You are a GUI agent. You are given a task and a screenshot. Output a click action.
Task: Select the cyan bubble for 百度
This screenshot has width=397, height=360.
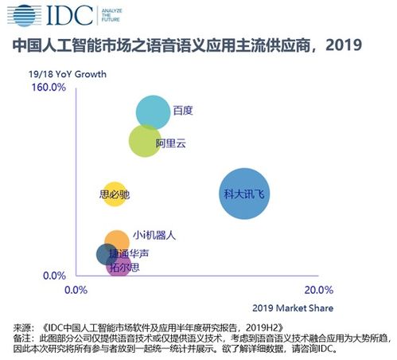tap(153, 112)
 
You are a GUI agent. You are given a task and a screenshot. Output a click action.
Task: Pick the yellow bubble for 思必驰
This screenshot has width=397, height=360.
tap(115, 194)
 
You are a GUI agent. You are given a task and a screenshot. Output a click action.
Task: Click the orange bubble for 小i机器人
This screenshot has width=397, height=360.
tap(117, 242)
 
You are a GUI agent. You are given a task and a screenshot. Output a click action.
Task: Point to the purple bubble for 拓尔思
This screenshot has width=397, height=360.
tap(119, 266)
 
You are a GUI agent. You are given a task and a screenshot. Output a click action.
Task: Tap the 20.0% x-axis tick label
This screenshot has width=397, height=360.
tap(319, 290)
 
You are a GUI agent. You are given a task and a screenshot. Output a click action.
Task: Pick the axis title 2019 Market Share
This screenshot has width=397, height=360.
tap(293, 308)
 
